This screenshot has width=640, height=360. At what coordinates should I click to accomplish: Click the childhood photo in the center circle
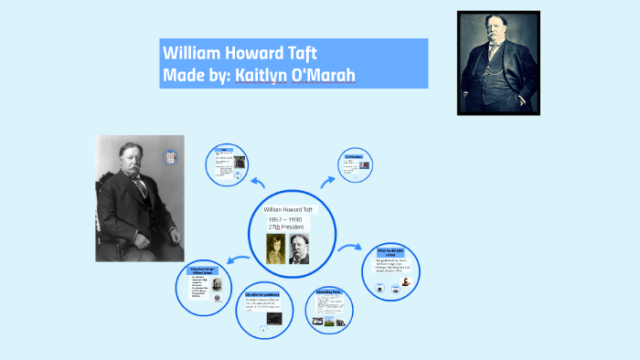click(x=276, y=249)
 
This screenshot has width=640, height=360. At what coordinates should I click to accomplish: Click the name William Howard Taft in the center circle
click(x=288, y=209)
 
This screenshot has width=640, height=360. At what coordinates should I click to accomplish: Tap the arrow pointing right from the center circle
click(x=347, y=248)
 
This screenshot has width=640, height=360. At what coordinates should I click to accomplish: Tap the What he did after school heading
click(x=390, y=251)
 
